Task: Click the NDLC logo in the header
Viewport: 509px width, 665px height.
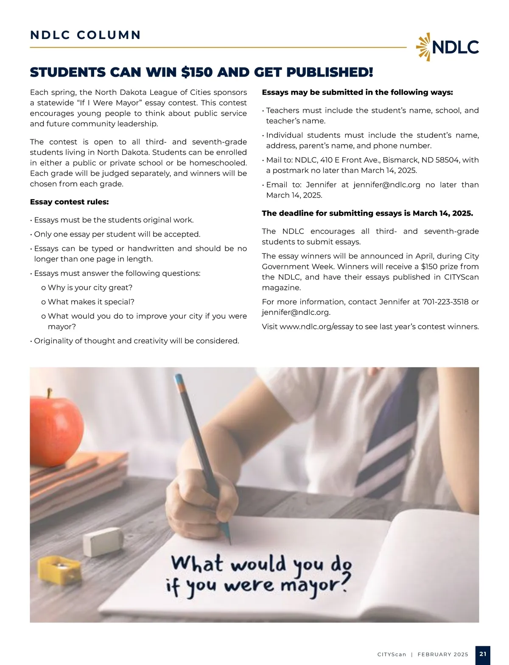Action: (x=447, y=47)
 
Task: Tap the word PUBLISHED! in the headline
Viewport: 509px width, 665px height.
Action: (x=330, y=72)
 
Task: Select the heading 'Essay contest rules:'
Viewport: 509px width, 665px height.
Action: (x=69, y=202)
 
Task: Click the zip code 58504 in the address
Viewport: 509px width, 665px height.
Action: (x=446, y=160)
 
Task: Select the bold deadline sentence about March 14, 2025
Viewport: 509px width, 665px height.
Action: (x=367, y=213)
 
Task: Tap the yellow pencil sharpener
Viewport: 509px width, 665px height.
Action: (x=59, y=568)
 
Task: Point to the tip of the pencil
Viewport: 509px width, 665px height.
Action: (x=230, y=543)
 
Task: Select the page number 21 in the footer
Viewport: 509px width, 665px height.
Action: (x=483, y=654)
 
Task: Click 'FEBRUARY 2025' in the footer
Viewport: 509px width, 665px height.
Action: (x=443, y=654)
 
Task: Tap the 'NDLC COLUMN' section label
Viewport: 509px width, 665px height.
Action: (x=85, y=35)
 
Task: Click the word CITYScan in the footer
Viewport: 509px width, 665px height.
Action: (x=392, y=654)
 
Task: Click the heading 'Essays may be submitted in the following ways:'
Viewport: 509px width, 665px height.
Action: (x=357, y=92)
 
